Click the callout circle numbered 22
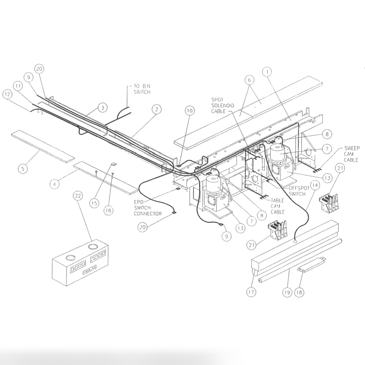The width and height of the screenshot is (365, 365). [78, 196]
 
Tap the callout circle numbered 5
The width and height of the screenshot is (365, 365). [23, 168]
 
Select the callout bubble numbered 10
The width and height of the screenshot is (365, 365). [190, 111]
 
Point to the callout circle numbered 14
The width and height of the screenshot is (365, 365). [314, 185]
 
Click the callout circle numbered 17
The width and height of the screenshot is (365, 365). [251, 292]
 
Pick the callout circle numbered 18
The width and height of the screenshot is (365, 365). [300, 292]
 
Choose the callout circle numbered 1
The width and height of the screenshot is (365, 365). [267, 72]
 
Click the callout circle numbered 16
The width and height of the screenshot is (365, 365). [108, 210]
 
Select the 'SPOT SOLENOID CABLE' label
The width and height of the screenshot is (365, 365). [223, 105]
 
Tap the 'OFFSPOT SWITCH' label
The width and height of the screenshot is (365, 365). [297, 191]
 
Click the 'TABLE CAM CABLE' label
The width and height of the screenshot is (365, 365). [277, 206]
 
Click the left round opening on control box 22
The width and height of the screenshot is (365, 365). [70, 258]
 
